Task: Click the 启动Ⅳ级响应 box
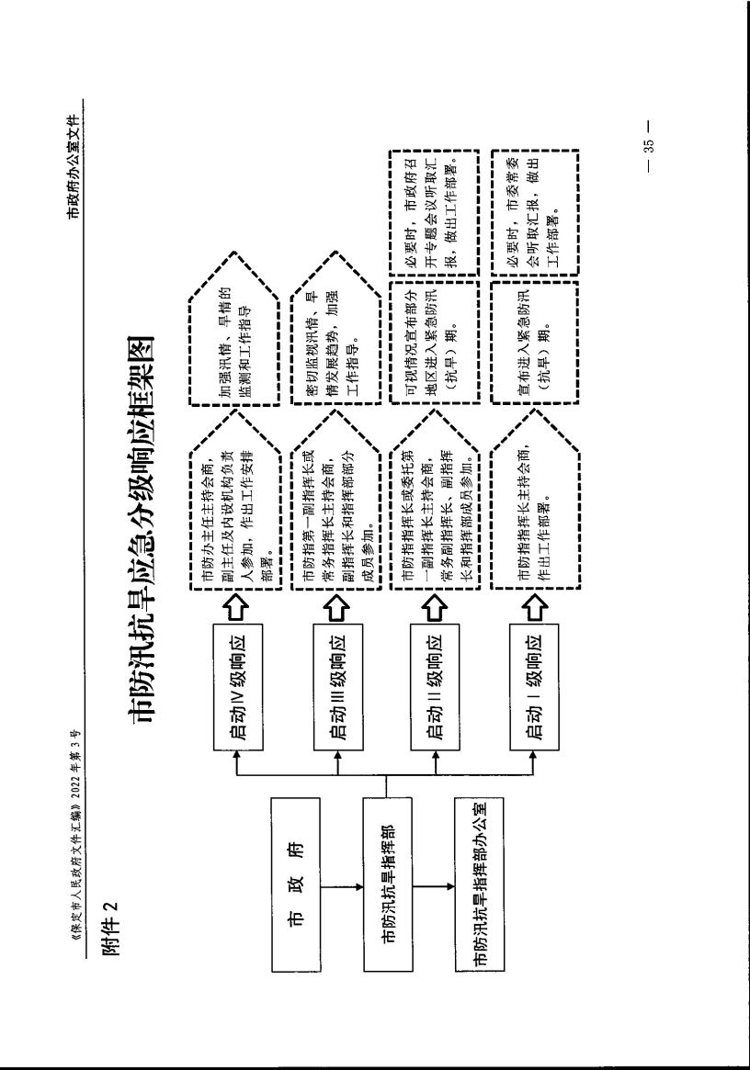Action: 239,681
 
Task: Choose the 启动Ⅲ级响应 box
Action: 339,681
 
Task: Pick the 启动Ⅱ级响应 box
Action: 437,681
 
